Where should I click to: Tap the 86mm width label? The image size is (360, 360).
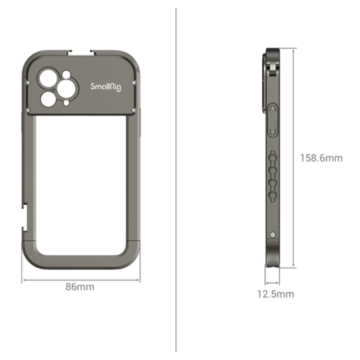point(80,287)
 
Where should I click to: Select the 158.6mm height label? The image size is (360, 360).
point(321,158)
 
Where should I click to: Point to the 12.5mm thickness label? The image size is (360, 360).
point(275,294)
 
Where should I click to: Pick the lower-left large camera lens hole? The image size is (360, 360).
point(47,98)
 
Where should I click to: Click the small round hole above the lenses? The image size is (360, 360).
point(66,74)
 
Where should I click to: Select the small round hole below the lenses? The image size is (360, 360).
point(67,103)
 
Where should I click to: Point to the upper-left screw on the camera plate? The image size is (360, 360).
point(28,83)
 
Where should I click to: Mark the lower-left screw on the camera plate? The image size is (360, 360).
point(28,109)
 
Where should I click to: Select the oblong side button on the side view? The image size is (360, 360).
point(273,121)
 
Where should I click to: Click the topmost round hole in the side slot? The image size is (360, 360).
point(272,157)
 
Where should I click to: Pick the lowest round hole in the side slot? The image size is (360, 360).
point(272,194)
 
